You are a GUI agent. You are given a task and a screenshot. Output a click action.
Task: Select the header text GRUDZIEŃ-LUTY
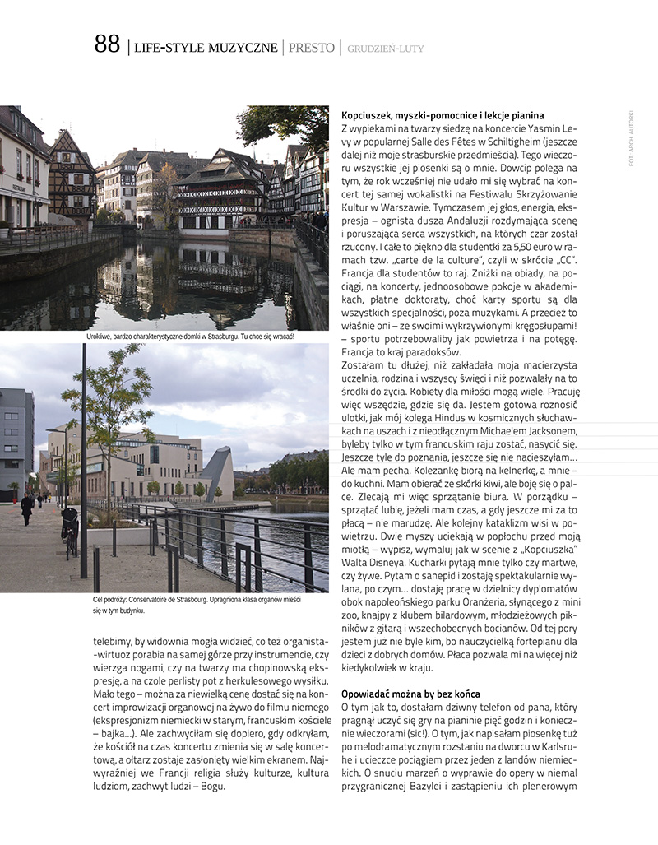(x=386, y=49)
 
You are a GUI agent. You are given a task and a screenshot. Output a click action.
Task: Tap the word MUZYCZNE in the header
(x=241, y=48)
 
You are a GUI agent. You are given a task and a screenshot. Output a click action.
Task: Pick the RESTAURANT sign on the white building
(x=12, y=186)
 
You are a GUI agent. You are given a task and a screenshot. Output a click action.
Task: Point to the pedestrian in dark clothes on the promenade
(x=27, y=507)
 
